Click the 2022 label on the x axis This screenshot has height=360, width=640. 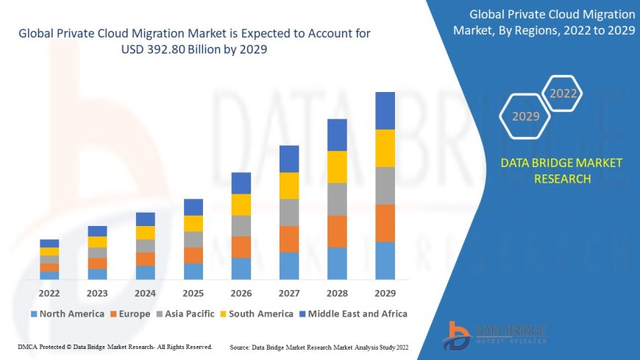49,292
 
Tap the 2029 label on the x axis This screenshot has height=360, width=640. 385,292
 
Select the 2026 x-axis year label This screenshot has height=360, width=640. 241,292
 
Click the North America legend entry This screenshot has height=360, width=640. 67,314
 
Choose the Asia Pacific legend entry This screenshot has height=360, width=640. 185,314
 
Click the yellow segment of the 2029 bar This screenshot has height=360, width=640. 385,148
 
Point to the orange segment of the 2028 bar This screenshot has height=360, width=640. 337,231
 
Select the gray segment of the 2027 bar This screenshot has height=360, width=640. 289,212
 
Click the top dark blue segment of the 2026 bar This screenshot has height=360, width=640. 241,183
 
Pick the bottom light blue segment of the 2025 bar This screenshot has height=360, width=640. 193,272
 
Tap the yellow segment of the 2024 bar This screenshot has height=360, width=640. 146,233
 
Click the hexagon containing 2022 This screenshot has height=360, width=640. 563,93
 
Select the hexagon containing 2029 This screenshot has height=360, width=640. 525,116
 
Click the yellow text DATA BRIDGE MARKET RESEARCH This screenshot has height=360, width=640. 561,171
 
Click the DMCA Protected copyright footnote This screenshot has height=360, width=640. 115,346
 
